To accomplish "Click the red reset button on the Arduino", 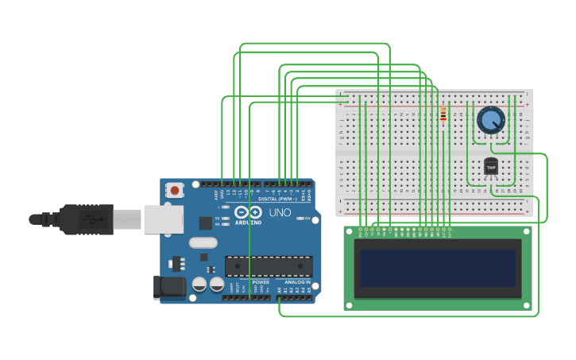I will click(x=174, y=190).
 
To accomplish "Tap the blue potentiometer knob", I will click(x=491, y=121).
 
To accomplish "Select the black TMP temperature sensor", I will click(x=491, y=167).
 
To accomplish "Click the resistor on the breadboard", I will click(x=443, y=115).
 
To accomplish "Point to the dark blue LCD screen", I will click(x=437, y=268).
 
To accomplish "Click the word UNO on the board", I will click(x=280, y=212).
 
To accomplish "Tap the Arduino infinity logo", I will click(x=248, y=212).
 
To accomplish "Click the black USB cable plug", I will click(x=87, y=219).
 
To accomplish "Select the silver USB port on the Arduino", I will click(x=163, y=219).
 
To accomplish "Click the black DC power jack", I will click(x=168, y=287).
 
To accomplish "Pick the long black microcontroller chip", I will click(x=268, y=266).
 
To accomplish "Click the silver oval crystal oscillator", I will click(x=203, y=242).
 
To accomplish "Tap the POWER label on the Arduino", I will click(x=261, y=282).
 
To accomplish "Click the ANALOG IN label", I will click(x=296, y=282).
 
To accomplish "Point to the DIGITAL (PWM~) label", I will click(x=278, y=199).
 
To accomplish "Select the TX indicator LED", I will click(x=226, y=218).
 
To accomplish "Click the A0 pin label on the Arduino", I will click(x=280, y=290).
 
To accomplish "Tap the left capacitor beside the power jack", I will click(x=199, y=284).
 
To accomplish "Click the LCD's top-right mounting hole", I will click(x=524, y=232).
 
